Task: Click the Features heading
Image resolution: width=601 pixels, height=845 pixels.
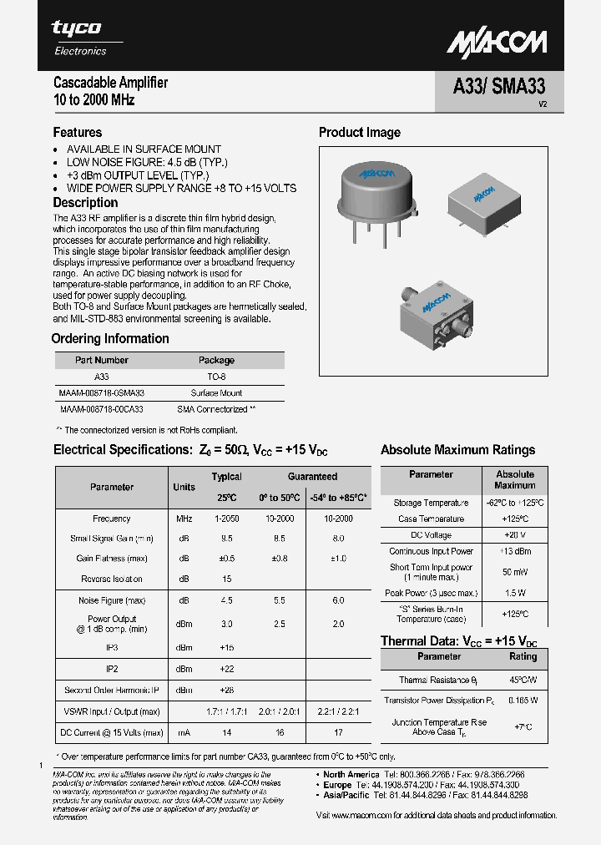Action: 78,132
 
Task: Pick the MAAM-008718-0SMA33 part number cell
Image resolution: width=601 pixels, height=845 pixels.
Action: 101,392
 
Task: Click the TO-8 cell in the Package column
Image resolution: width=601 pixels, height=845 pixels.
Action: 216,377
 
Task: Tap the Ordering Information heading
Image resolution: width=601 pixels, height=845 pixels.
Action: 110,338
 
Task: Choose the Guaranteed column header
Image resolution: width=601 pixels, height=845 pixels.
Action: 312,477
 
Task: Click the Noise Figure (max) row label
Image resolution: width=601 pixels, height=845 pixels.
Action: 111,600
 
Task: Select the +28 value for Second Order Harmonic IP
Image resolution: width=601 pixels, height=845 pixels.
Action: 226,691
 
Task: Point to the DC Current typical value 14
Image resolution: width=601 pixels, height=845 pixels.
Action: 226,732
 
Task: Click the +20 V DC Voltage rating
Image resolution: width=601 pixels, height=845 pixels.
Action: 514,534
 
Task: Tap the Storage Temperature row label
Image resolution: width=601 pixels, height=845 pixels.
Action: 431,503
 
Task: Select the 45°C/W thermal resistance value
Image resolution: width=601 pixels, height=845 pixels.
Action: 523,681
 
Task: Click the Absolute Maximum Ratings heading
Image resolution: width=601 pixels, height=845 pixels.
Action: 457,449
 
